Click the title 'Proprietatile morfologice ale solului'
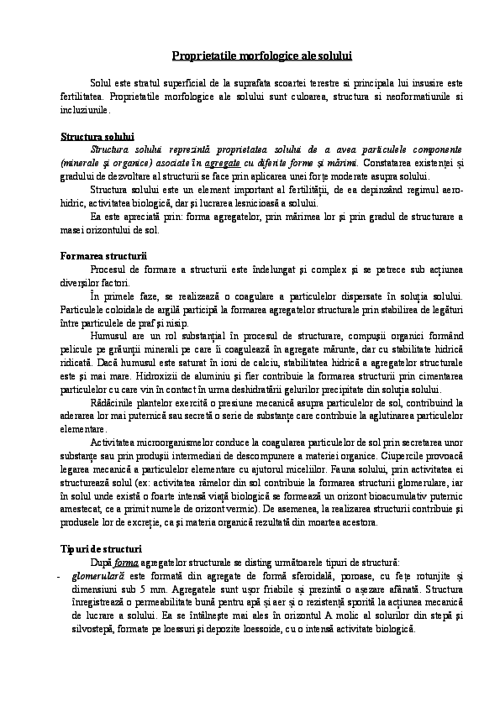[x=250, y=55]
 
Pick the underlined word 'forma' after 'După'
[x=126, y=561]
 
